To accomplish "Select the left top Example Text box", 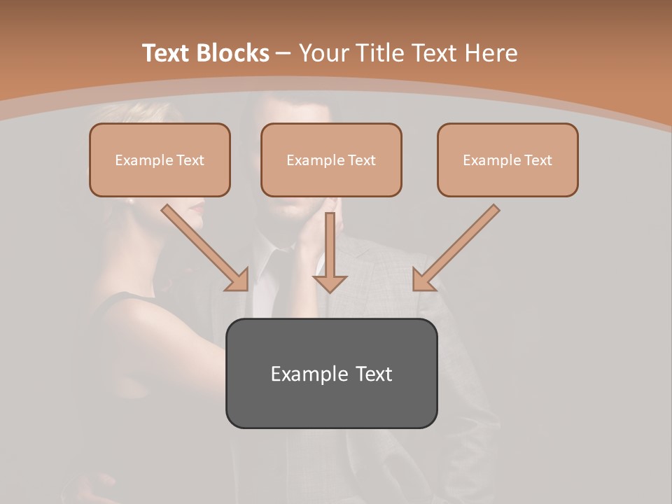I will pyautogui.click(x=160, y=160).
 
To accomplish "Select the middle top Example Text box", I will pyautogui.click(x=331, y=160).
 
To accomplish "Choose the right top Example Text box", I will pyautogui.click(x=507, y=160).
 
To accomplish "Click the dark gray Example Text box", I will pyautogui.click(x=331, y=373).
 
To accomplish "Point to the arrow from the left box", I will pyautogui.click(x=203, y=247).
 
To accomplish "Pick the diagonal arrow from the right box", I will pyautogui.click(x=458, y=246).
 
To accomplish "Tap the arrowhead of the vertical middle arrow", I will pyautogui.click(x=330, y=283).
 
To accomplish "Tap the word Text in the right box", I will pyautogui.click(x=538, y=160).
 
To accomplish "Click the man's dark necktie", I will pyautogui.click(x=280, y=280).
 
